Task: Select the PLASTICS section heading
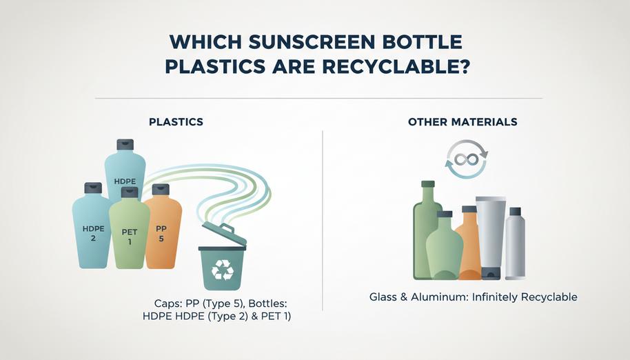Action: [x=176, y=122]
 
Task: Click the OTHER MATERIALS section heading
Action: [x=463, y=122]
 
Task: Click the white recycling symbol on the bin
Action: [x=222, y=270]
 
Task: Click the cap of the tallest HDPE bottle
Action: [x=125, y=144]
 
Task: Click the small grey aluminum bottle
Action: [x=515, y=245]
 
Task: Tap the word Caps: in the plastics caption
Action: [x=170, y=303]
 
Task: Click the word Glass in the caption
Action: [x=384, y=298]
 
